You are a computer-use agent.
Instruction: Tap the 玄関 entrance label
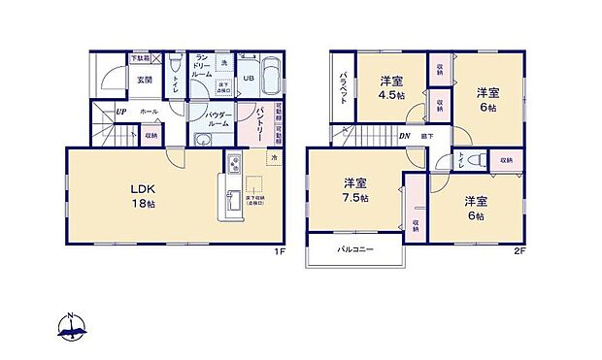pyautogui.click(x=144, y=81)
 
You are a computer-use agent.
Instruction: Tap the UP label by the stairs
pyautogui.click(x=120, y=112)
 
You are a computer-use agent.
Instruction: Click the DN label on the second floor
pyautogui.click(x=406, y=137)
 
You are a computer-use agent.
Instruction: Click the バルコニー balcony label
pyautogui.click(x=355, y=250)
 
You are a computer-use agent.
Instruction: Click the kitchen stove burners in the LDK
pyautogui.click(x=234, y=162)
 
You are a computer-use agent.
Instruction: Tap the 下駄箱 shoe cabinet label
pyautogui.click(x=140, y=58)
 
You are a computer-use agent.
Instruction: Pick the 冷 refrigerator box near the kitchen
pyautogui.click(x=274, y=158)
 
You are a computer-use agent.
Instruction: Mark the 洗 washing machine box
pyautogui.click(x=223, y=63)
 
